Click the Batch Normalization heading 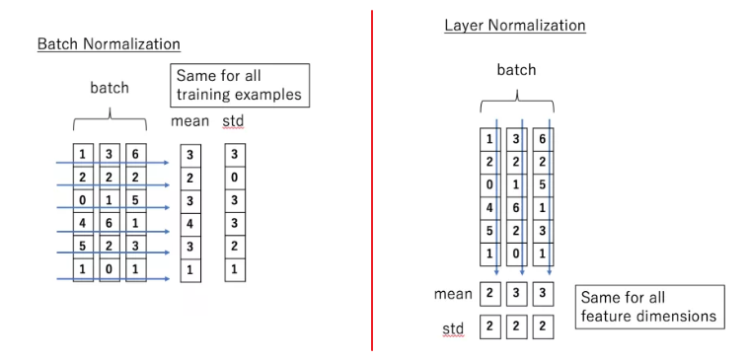click(x=109, y=44)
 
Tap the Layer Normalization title click(x=514, y=25)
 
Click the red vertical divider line click(x=372, y=178)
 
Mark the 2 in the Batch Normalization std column click(x=234, y=246)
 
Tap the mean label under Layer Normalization click(x=455, y=294)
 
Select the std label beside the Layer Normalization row click(x=453, y=327)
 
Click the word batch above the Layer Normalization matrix click(x=515, y=71)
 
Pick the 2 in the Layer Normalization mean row click(x=489, y=294)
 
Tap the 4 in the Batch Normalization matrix click(x=82, y=223)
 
